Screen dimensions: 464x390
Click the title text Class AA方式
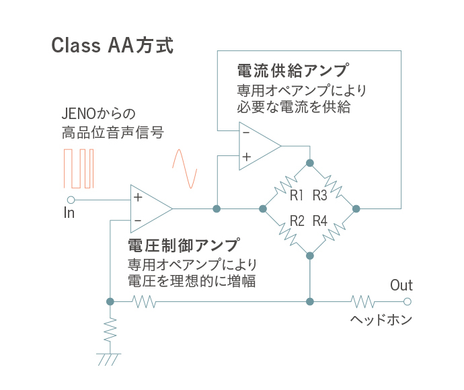pyautogui.click(x=112, y=45)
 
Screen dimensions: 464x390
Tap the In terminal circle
pyautogui.click(x=71, y=200)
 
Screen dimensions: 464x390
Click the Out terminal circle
pyautogui.click(x=408, y=301)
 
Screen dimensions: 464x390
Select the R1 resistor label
pyautogui.click(x=296, y=195)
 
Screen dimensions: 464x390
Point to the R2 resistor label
pyautogui.click(x=297, y=221)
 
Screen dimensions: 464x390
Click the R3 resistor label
pyautogui.click(x=320, y=195)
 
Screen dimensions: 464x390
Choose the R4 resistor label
pyautogui.click(x=320, y=221)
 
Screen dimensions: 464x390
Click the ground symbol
pyautogui.click(x=108, y=359)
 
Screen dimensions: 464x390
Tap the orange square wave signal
pyautogui.click(x=79, y=168)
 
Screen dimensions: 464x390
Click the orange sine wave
pyautogui.click(x=185, y=169)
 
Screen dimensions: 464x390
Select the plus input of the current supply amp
pyautogui.click(x=247, y=157)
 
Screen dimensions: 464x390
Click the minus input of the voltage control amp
pyautogui.click(x=138, y=221)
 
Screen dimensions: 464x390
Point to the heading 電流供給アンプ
pyautogui.click(x=293, y=71)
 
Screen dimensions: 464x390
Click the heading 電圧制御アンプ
pyautogui.click(x=184, y=245)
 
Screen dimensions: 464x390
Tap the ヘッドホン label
pyautogui.click(x=381, y=319)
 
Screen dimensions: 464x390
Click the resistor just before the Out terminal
pyautogui.click(x=363, y=301)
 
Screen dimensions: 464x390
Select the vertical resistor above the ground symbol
pyautogui.click(x=110, y=330)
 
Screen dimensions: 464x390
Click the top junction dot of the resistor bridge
pyautogui.click(x=310, y=163)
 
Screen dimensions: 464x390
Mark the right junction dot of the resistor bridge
pyautogui.click(x=356, y=209)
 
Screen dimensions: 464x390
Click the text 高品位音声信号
pyautogui.click(x=113, y=132)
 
